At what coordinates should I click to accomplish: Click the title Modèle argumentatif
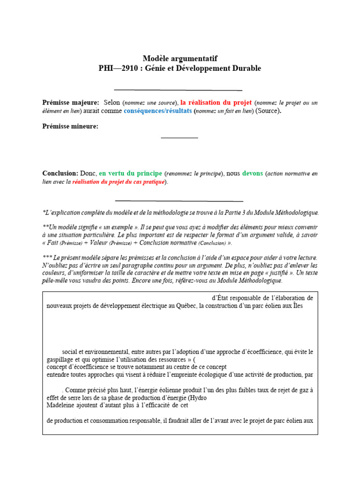(180, 58)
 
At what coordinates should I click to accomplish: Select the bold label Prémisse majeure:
(71, 102)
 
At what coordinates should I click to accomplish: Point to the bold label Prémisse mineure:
(70, 126)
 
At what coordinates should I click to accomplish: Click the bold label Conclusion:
(60, 173)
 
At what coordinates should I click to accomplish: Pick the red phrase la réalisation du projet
(216, 102)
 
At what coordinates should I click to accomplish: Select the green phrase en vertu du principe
(130, 173)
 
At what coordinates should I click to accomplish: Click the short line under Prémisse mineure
(180, 138)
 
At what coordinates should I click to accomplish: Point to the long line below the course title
(178, 90)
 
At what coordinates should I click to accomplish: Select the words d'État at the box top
(221, 298)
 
